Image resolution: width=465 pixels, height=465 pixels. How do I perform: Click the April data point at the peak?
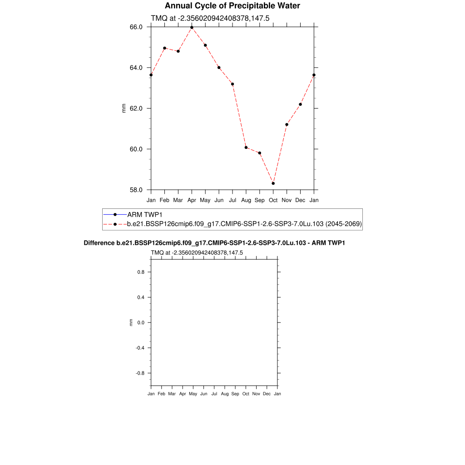coord(192,27)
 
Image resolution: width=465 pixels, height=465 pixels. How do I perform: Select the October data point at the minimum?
coord(273,183)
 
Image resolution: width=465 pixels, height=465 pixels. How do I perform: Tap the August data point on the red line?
coord(246,148)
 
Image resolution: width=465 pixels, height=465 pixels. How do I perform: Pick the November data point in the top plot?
coord(287,124)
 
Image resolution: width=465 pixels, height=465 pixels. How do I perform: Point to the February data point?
coord(164,48)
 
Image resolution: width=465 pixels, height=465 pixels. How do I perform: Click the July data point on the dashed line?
coord(232,84)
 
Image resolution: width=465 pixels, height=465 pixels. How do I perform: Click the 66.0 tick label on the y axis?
coord(136,27)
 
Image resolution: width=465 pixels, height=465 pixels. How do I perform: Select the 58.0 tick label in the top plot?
coord(136,190)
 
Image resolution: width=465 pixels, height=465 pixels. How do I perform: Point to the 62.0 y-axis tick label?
coord(136,109)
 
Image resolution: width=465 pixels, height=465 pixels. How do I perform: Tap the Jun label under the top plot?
coord(219,200)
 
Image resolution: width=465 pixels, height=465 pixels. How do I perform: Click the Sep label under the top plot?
coord(260,200)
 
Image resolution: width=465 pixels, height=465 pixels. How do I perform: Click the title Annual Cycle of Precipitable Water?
coord(232,6)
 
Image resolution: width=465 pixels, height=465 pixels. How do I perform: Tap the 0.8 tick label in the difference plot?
coord(141,272)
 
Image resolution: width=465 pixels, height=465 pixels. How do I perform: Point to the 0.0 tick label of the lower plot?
coord(141,322)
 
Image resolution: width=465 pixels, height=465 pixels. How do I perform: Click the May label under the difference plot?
coord(193,394)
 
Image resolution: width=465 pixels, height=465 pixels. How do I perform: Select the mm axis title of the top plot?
coord(124,108)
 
